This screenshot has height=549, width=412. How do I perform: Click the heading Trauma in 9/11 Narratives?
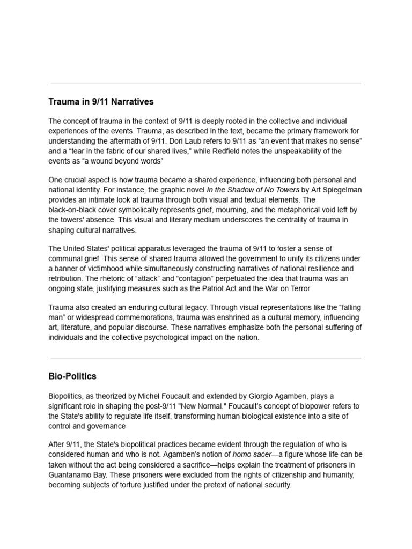coord(101,101)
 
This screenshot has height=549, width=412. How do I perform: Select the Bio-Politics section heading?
coord(72,376)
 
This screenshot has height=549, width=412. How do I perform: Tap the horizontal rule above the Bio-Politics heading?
coord(206,358)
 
